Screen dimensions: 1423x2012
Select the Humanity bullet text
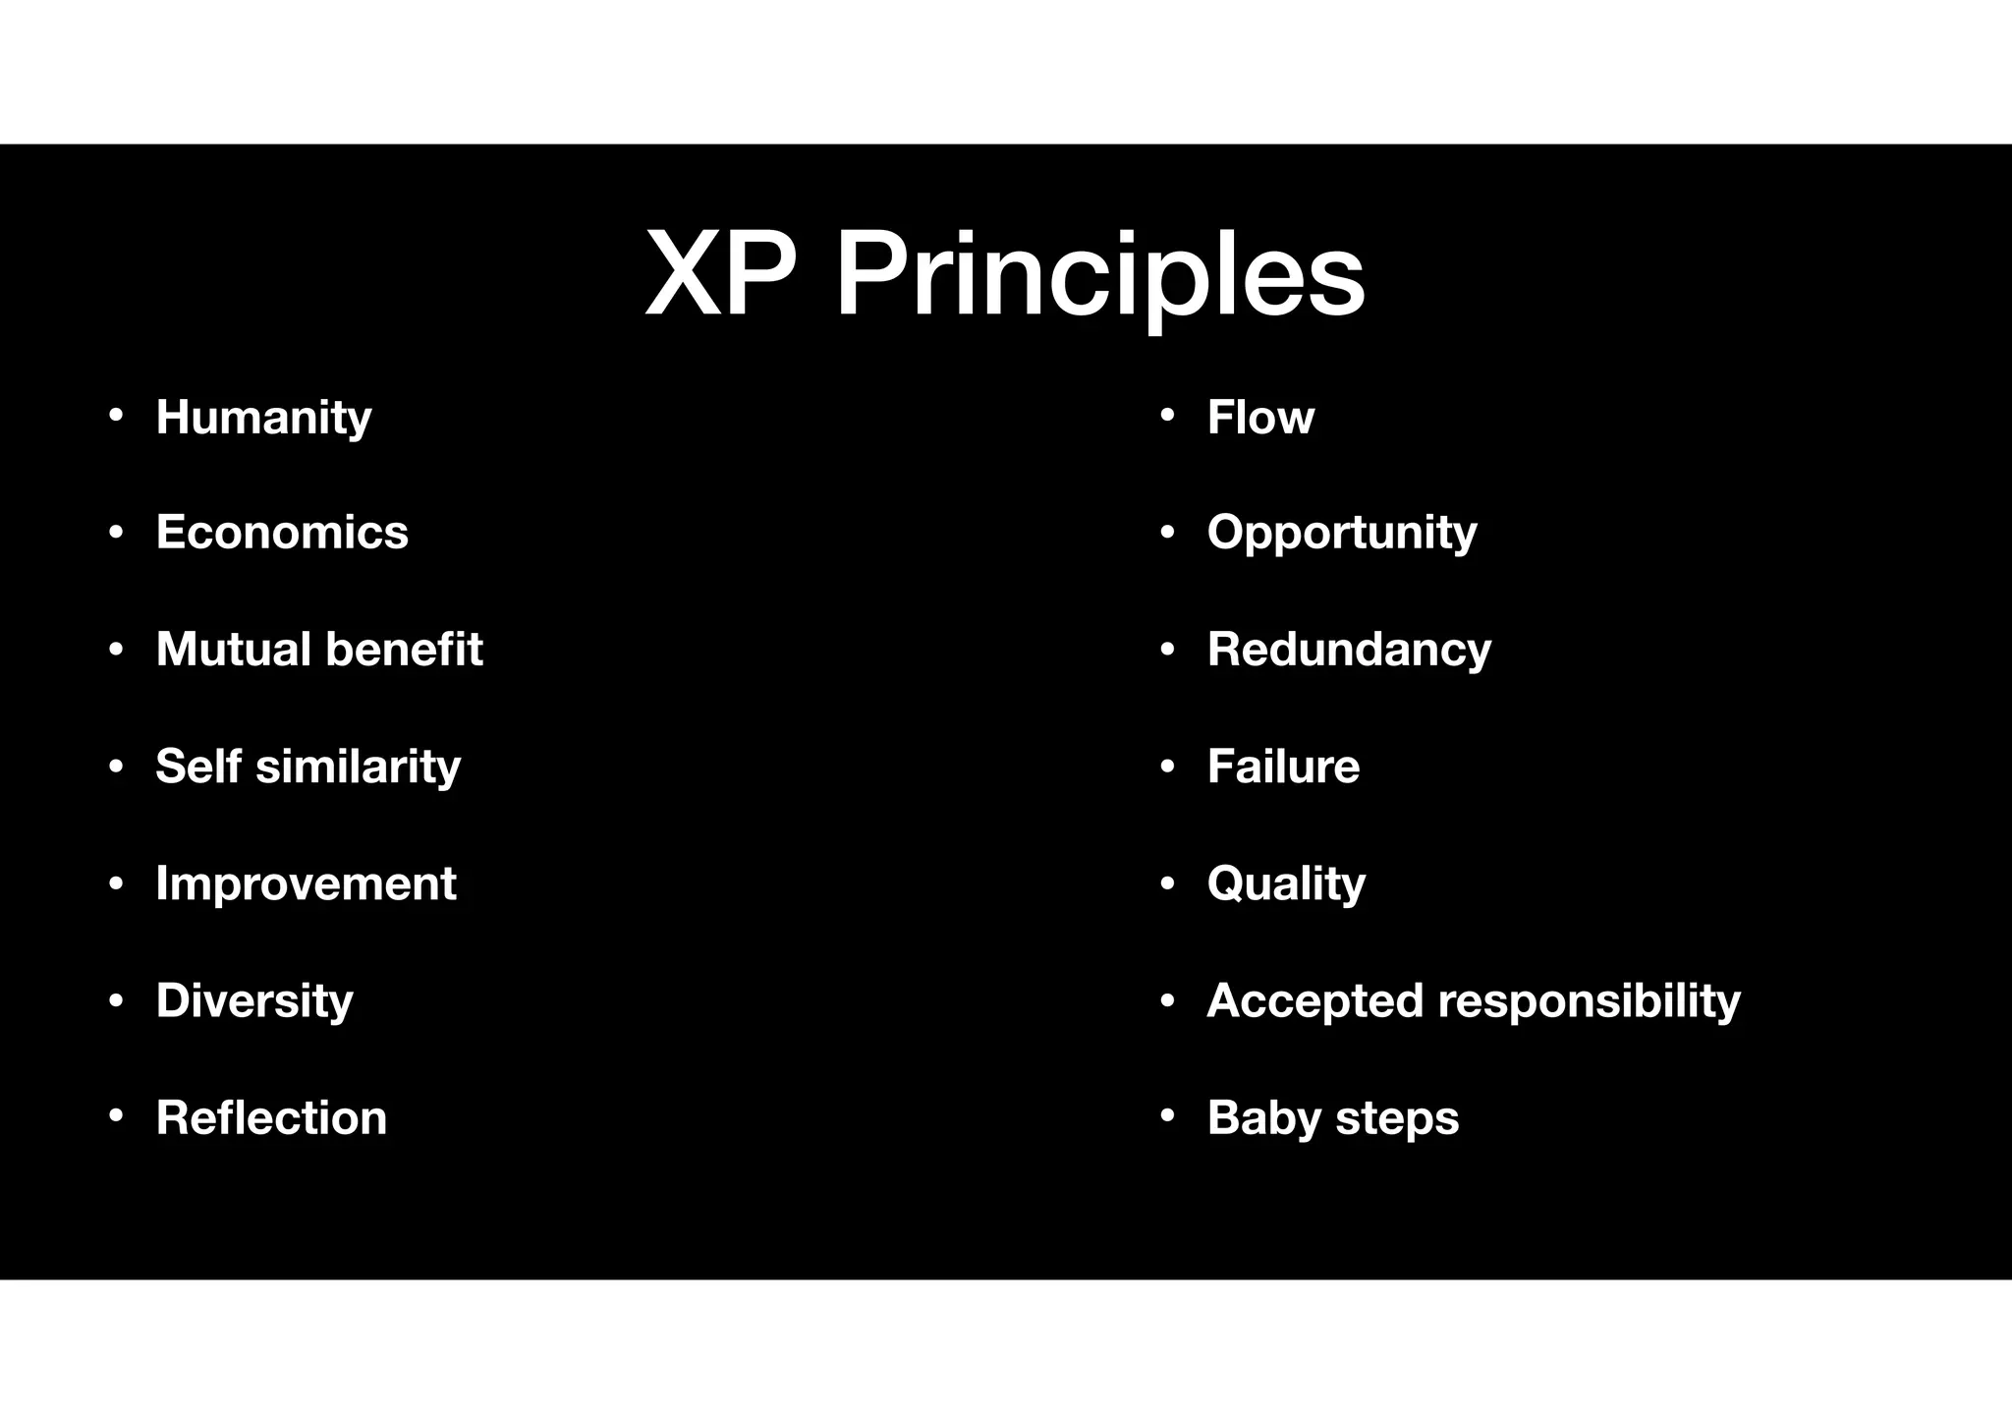263,417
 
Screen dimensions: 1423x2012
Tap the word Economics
282,533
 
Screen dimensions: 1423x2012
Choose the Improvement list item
306,883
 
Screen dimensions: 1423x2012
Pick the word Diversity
254,1000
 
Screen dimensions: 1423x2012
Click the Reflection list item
271,1117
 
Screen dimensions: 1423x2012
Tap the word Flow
1260,417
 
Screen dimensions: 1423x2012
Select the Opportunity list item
1342,533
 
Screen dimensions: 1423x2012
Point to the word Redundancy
1349,650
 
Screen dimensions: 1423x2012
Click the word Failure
1283,766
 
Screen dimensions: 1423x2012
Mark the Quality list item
1286,883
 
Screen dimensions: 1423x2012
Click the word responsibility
1589,1000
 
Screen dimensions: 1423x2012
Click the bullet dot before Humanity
116,416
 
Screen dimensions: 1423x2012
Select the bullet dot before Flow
1167,416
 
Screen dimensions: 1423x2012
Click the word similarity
358,766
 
